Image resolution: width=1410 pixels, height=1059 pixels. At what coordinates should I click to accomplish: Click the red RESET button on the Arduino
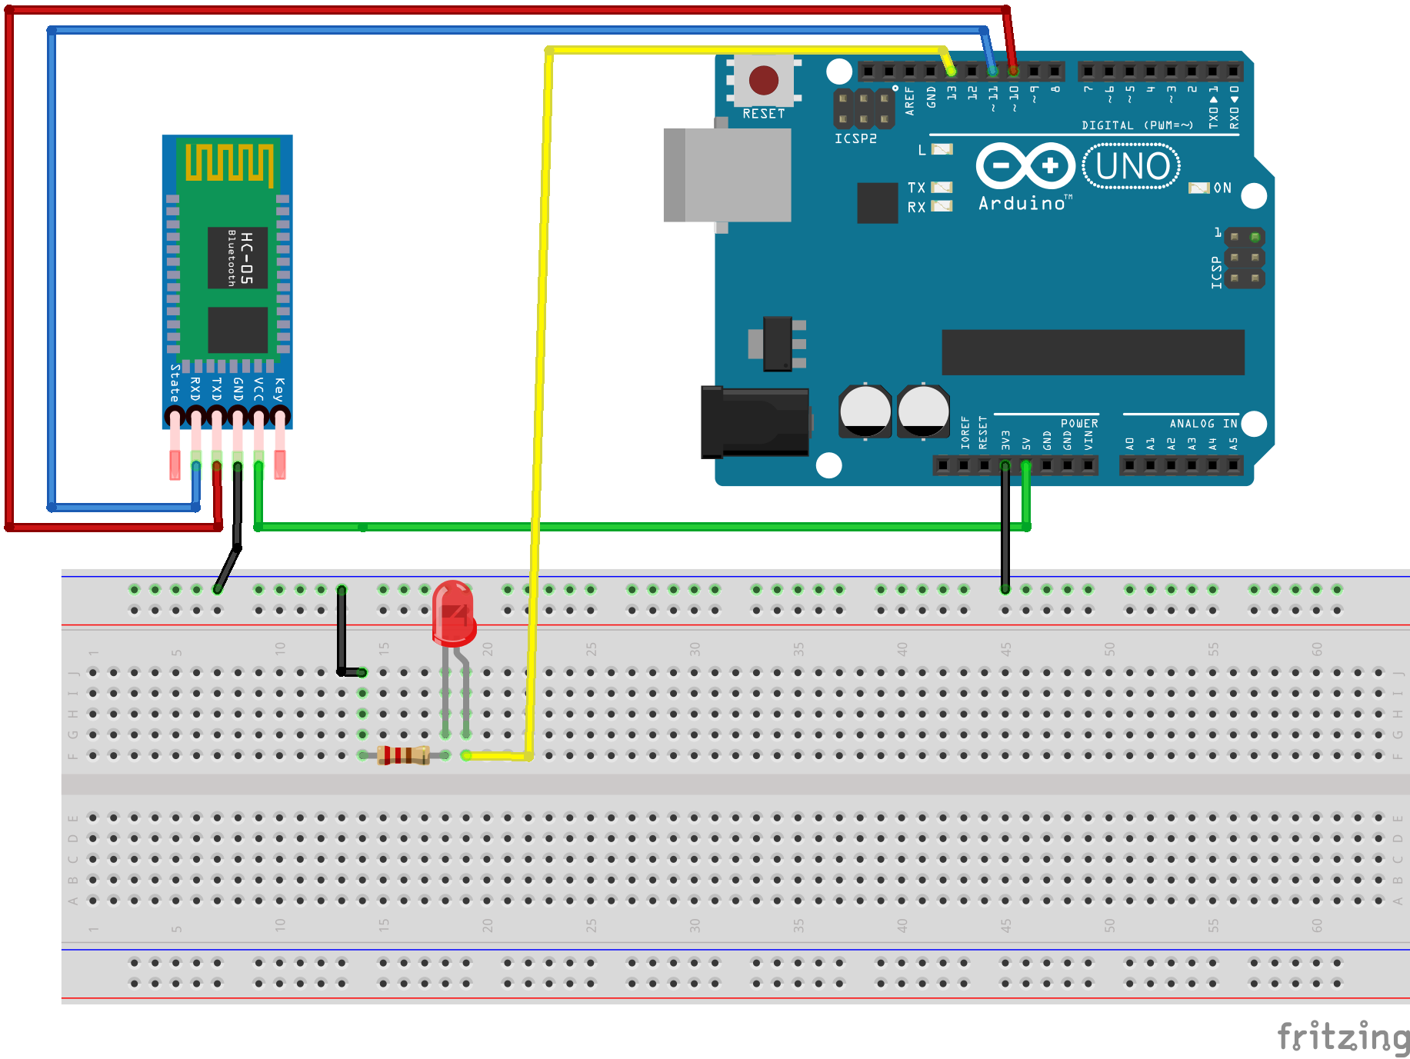[x=763, y=80]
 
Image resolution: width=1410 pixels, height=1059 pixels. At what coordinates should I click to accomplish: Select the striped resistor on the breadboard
[x=403, y=755]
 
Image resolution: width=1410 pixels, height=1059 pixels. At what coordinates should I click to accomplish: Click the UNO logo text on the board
[x=1132, y=166]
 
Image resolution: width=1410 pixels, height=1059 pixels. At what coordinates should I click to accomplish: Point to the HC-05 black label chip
[x=238, y=258]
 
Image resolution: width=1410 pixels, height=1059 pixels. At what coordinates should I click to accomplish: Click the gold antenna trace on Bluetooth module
[x=228, y=162]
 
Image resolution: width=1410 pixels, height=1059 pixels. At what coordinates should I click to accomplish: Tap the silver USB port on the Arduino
[x=728, y=175]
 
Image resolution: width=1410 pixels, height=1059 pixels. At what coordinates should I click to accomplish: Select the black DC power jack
[x=755, y=422]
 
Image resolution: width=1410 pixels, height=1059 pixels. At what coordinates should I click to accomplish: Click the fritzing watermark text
[x=1342, y=1036]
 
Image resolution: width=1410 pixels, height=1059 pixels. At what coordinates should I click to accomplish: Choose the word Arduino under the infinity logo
[x=1022, y=203]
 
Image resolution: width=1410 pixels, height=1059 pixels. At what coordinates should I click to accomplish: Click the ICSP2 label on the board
[x=855, y=138]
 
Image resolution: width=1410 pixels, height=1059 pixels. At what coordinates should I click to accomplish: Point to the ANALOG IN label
[x=1203, y=423]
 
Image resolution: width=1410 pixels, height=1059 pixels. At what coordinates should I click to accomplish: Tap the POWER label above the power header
[x=1079, y=423]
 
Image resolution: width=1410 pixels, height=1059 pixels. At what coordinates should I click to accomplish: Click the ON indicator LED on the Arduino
[x=1198, y=188]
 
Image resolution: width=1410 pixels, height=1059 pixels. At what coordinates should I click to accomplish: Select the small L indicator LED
[x=942, y=149]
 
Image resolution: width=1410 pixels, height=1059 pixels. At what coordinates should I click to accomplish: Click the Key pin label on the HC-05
[x=279, y=389]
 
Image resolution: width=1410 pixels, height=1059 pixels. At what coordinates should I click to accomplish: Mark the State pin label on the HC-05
[x=175, y=383]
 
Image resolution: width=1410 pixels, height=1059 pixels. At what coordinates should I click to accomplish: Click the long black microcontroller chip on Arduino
[x=1092, y=352]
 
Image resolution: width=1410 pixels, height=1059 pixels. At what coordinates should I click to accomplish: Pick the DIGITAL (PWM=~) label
[x=1137, y=125]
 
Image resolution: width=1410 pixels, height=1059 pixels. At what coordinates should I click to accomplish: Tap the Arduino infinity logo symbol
[x=1025, y=165]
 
